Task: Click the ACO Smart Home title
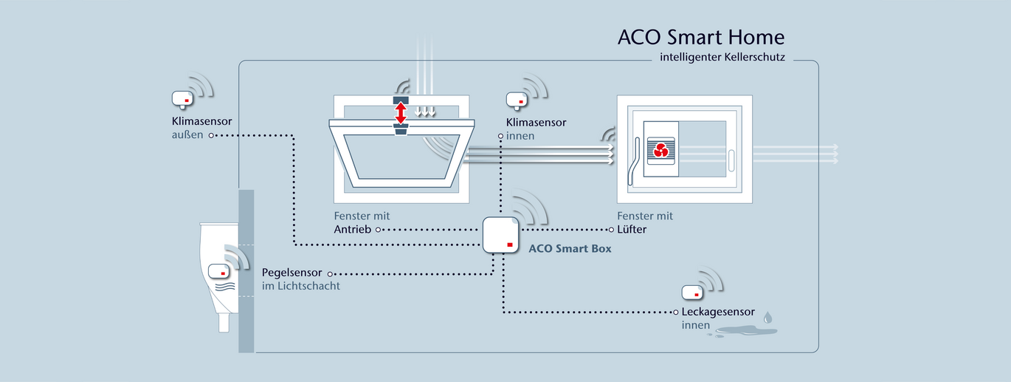coord(701,37)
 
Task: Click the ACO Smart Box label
coord(570,249)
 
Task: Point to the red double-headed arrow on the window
coord(401,113)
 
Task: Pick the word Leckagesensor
coord(718,312)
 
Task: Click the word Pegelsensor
coord(292,273)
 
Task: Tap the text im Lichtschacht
coord(301,286)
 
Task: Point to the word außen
coord(187,135)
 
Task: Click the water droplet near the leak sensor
coord(768,317)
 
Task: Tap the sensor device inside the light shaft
coord(219,271)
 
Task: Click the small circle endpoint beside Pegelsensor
coord(331,273)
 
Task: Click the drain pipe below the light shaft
coord(223,323)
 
